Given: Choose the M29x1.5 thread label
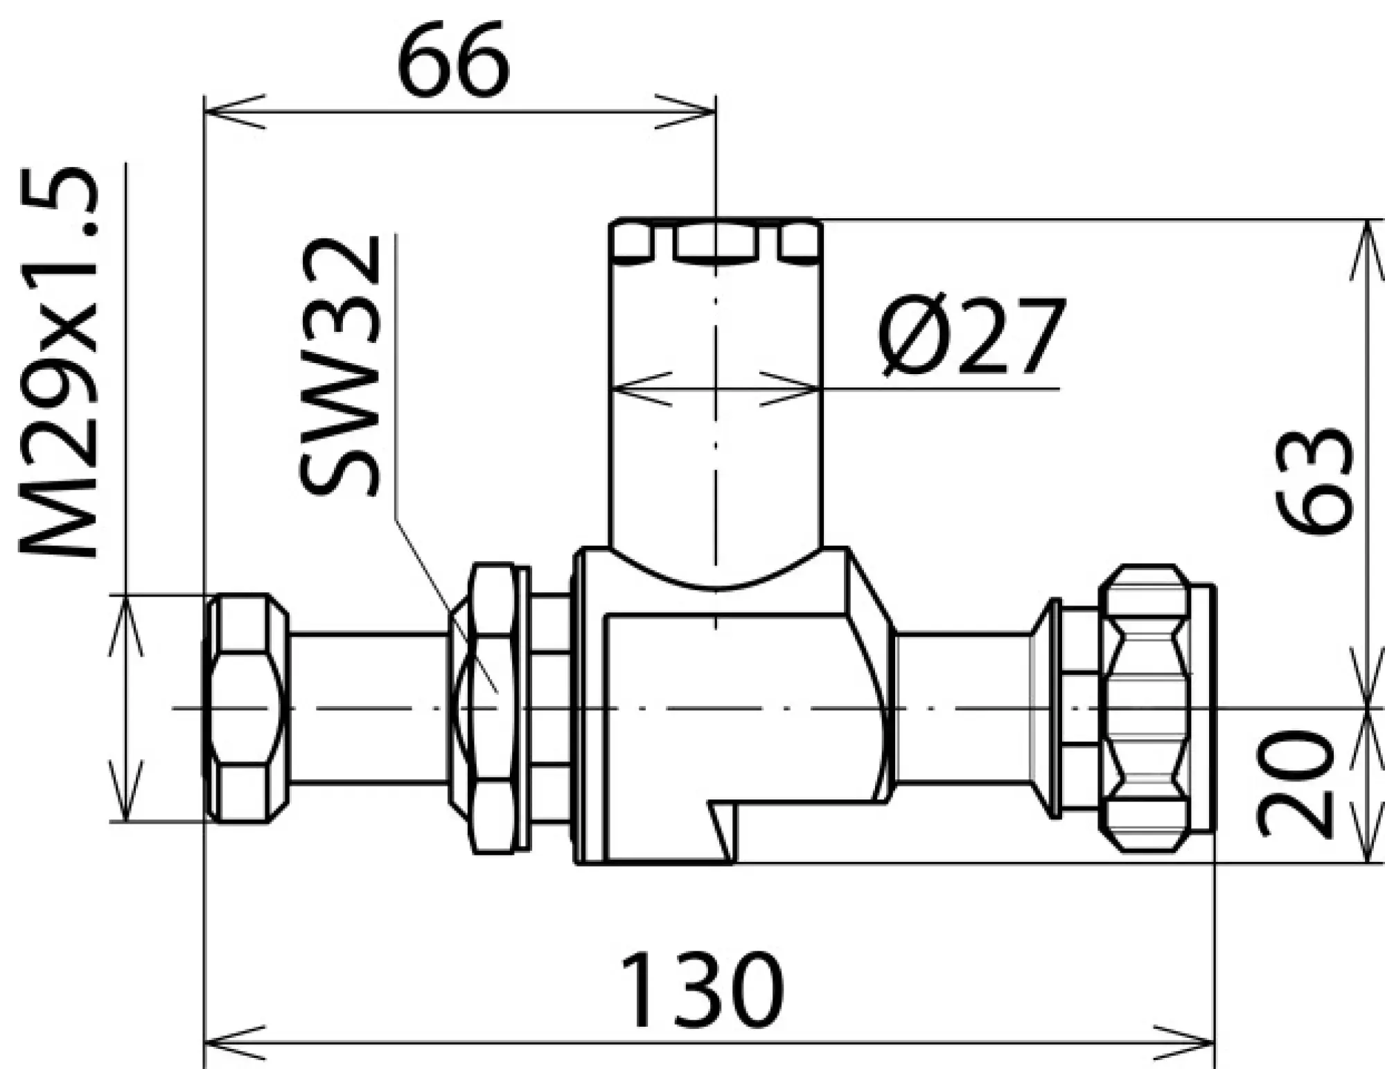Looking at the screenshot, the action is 57,363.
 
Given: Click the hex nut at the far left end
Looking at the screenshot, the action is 246,708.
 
